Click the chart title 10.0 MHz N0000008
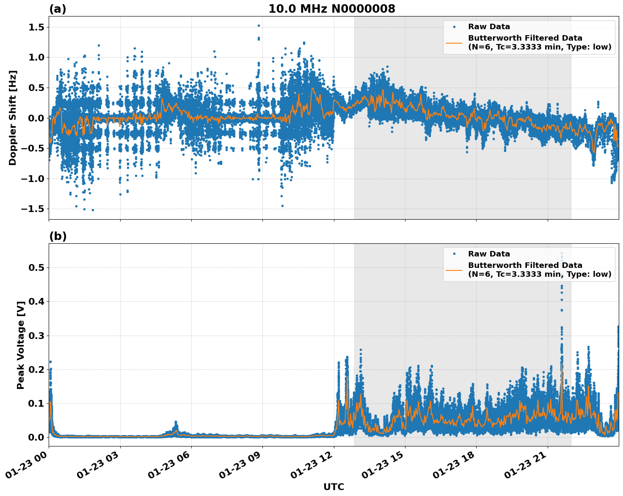pos(331,9)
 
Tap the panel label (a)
pos(58,9)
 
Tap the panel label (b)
pos(58,236)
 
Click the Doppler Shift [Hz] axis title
pos(13,118)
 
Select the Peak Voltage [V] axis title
pos(20,345)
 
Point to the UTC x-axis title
pos(334,487)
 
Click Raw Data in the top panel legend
pos(489,27)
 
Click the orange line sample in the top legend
pos(454,42)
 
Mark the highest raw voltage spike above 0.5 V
pos(562,253)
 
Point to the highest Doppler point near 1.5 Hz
pos(259,25)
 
